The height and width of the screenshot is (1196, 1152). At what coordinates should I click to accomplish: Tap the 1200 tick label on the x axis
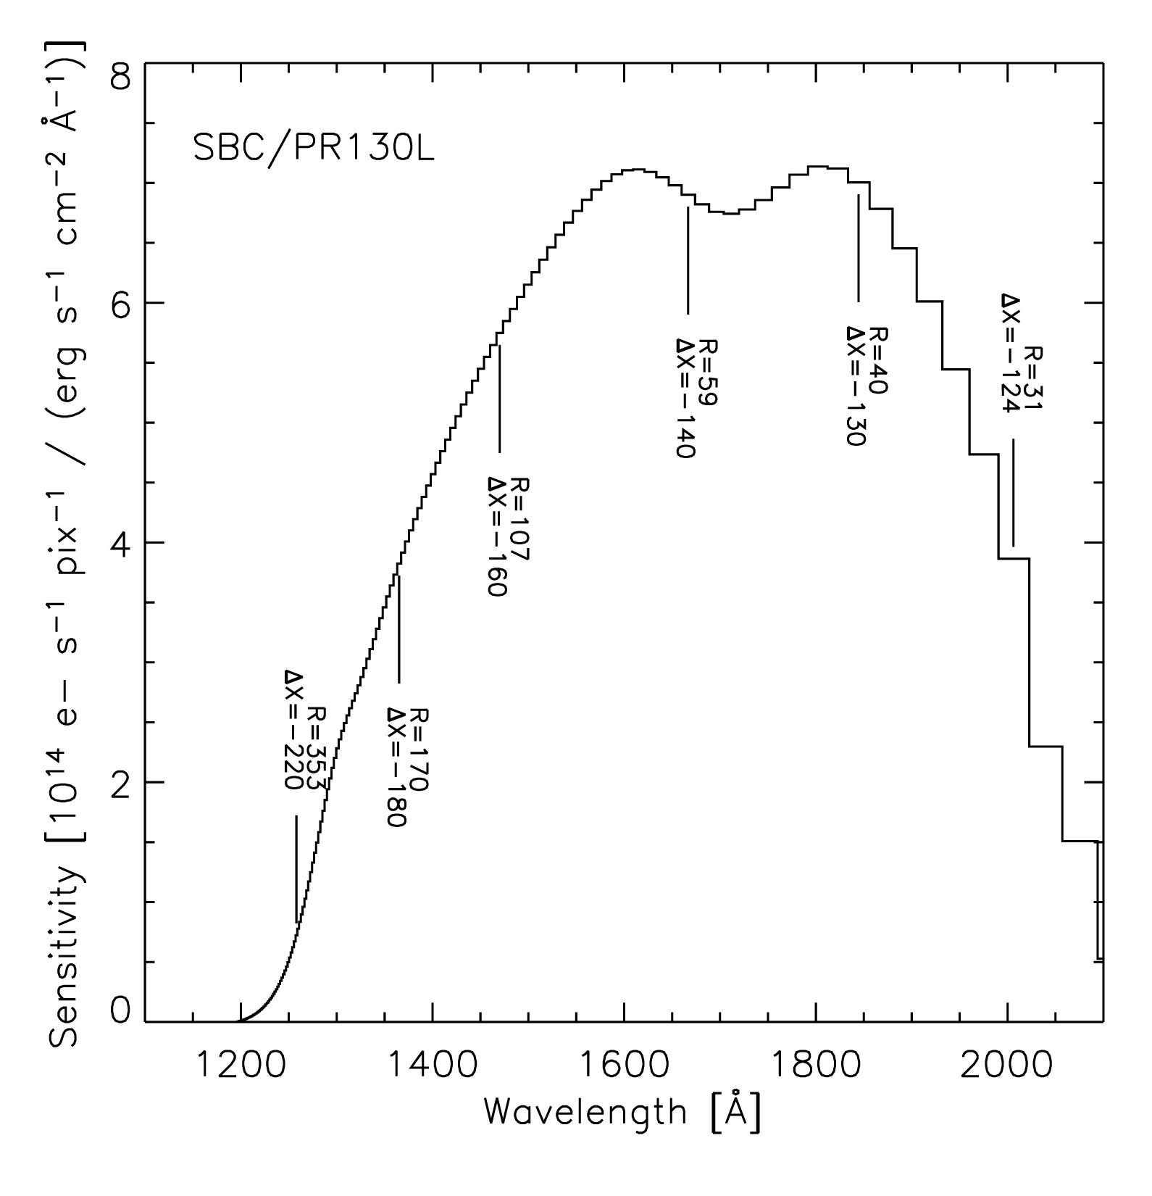pyautogui.click(x=241, y=1064)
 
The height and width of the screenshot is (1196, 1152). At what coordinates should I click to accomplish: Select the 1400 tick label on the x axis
pyautogui.click(x=433, y=1064)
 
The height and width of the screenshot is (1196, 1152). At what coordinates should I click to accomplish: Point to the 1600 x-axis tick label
pyautogui.click(x=624, y=1064)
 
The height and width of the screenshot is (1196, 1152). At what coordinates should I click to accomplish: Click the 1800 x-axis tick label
pyautogui.click(x=816, y=1064)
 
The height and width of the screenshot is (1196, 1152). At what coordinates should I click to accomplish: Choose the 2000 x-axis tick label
pyautogui.click(x=1007, y=1064)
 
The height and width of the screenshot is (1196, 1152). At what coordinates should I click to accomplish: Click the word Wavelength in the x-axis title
pyautogui.click(x=585, y=1110)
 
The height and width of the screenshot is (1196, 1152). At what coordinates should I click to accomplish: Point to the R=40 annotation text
pyautogui.click(x=878, y=360)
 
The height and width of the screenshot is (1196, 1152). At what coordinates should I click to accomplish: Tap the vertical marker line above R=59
pyautogui.click(x=688, y=260)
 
